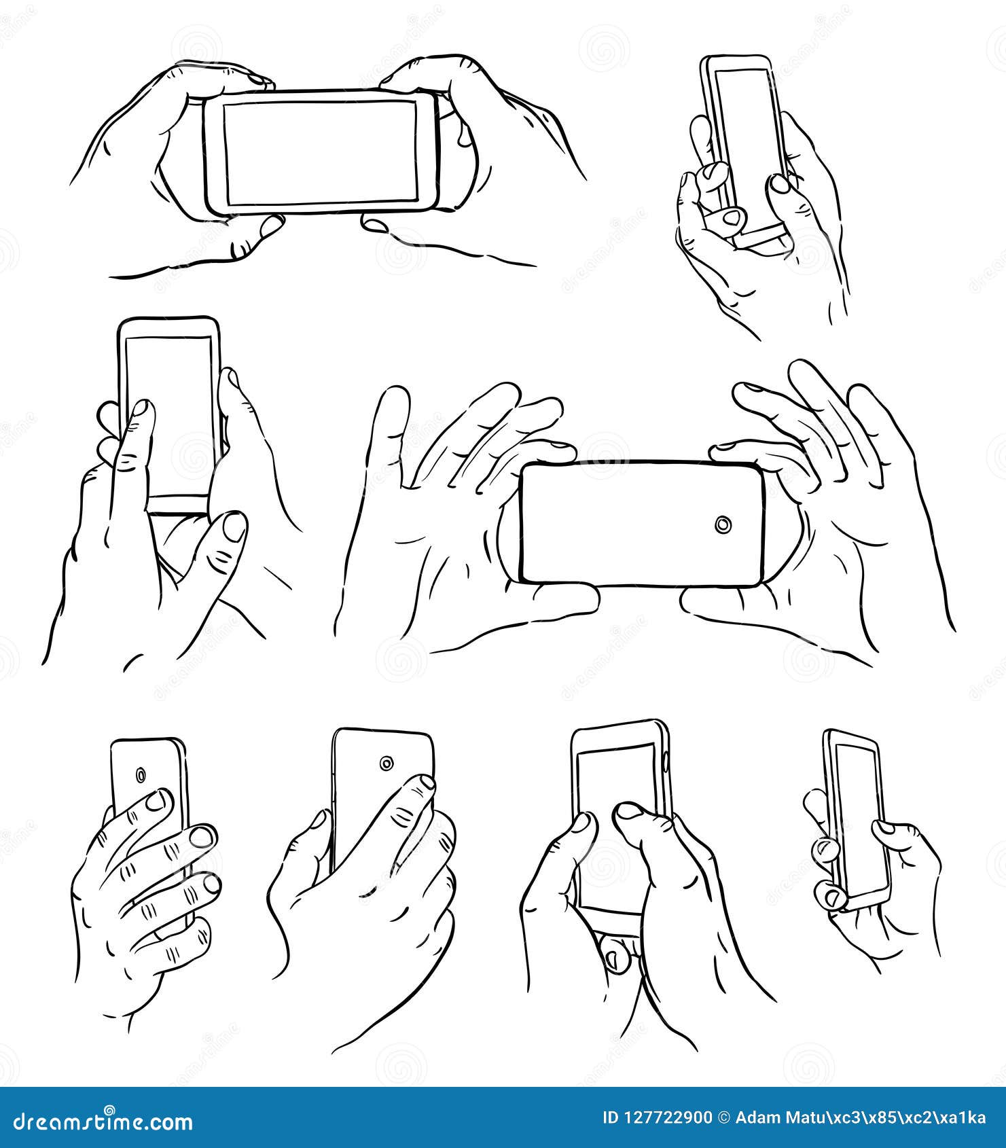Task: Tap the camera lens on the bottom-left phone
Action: (x=141, y=775)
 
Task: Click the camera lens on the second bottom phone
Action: (x=387, y=764)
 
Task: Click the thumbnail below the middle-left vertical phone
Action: (x=235, y=528)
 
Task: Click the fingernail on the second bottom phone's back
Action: (x=424, y=784)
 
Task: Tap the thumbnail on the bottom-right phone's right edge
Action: (x=884, y=826)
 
